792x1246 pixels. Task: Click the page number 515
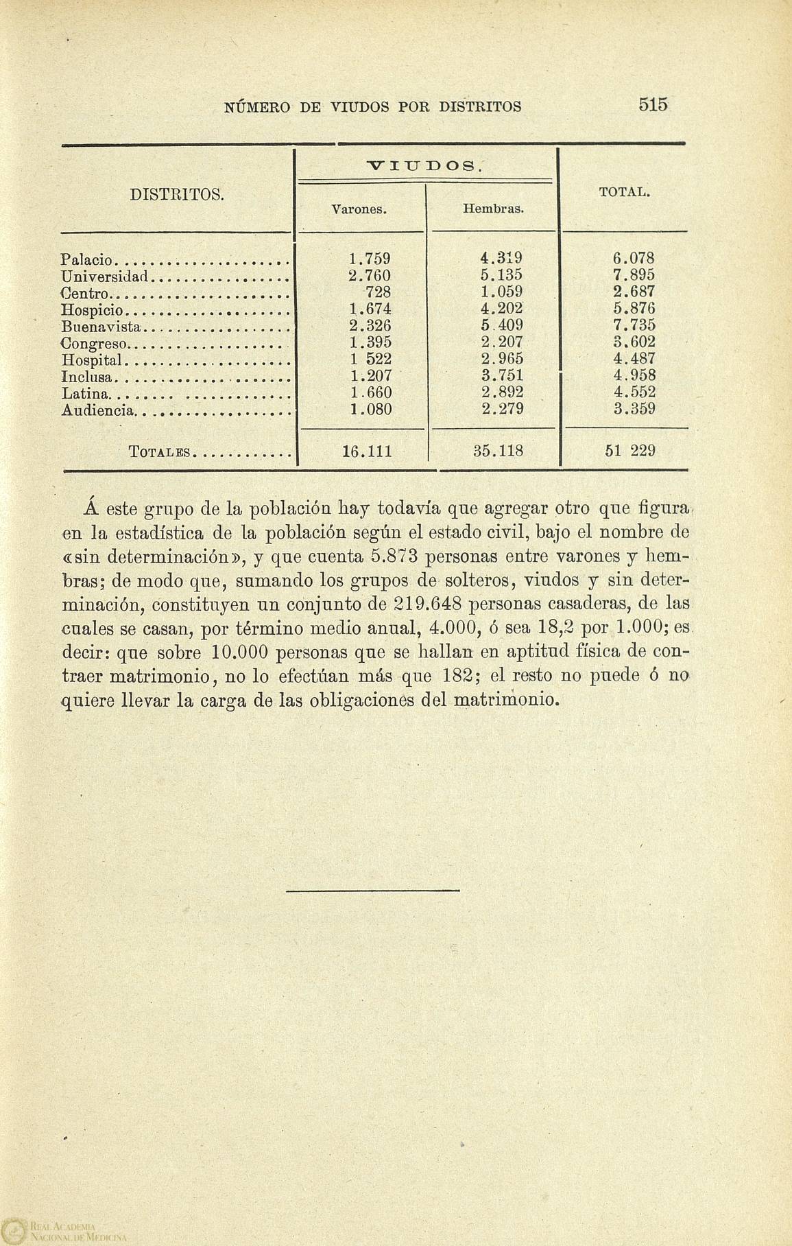click(x=653, y=105)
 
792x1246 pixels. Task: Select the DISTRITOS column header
click(x=177, y=194)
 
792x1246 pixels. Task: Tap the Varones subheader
click(x=359, y=208)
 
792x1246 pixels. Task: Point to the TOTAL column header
click(x=624, y=193)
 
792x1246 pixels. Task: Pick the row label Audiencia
click(x=98, y=410)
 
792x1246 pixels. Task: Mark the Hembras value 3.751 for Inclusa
click(x=502, y=376)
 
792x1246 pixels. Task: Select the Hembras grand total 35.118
click(x=498, y=451)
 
